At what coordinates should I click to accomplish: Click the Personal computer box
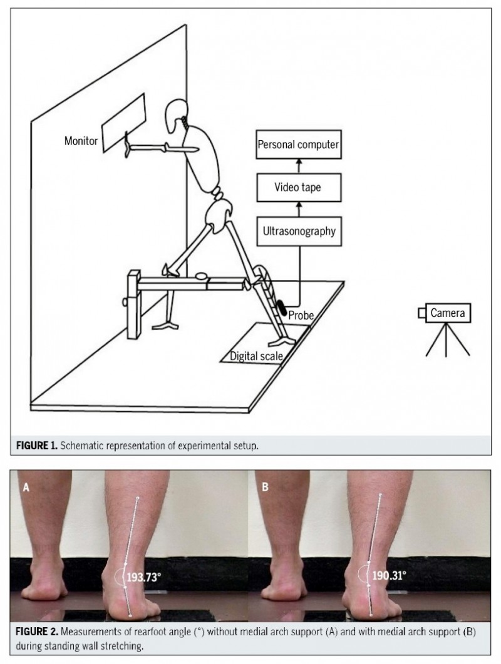pos(299,144)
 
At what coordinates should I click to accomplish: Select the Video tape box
pos(299,187)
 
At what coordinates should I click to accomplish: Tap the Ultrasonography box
pos(299,231)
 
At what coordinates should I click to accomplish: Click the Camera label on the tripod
pos(448,313)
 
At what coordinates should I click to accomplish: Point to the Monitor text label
pos(81,141)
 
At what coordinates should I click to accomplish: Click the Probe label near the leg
pos(301,315)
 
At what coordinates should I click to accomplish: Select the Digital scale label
pos(256,356)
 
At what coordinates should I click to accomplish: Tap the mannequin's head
pos(175,115)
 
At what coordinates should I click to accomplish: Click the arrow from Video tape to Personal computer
pos(299,166)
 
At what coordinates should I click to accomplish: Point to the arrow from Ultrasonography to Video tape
pos(299,209)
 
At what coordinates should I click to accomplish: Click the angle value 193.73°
pos(144,577)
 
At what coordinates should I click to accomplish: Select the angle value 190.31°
pos(389,575)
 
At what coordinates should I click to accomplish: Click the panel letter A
pos(26,488)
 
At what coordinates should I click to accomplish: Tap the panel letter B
pos(265,487)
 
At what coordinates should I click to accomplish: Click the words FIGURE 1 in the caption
pos(36,446)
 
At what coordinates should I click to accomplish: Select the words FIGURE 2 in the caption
pos(37,632)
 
